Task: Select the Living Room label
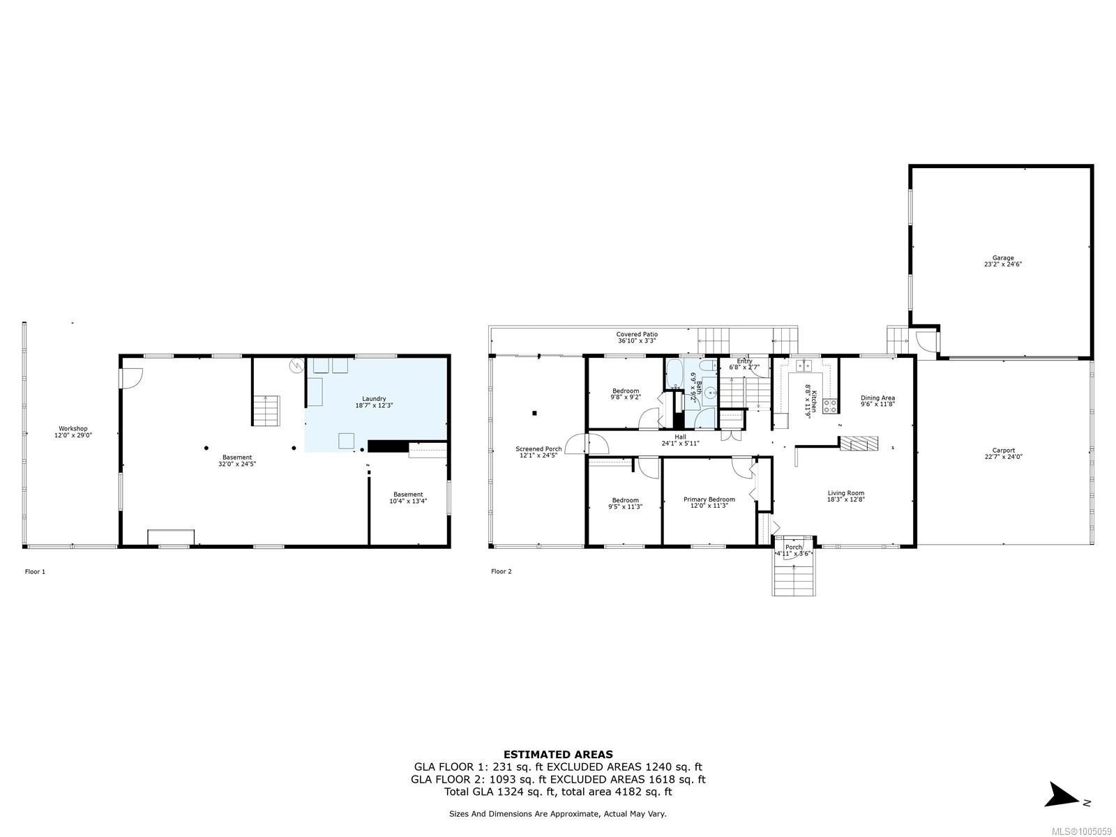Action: [845, 493]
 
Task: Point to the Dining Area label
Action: [877, 398]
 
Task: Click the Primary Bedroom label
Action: [709, 499]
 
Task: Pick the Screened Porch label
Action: [538, 449]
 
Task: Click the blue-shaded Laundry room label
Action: [374, 399]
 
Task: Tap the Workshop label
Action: [73, 429]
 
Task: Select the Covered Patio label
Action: [636, 335]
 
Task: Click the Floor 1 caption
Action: [35, 572]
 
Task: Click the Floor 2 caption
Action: [501, 572]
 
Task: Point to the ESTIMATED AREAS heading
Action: [558, 754]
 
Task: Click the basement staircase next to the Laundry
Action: [266, 410]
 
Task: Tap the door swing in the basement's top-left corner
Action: [130, 377]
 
